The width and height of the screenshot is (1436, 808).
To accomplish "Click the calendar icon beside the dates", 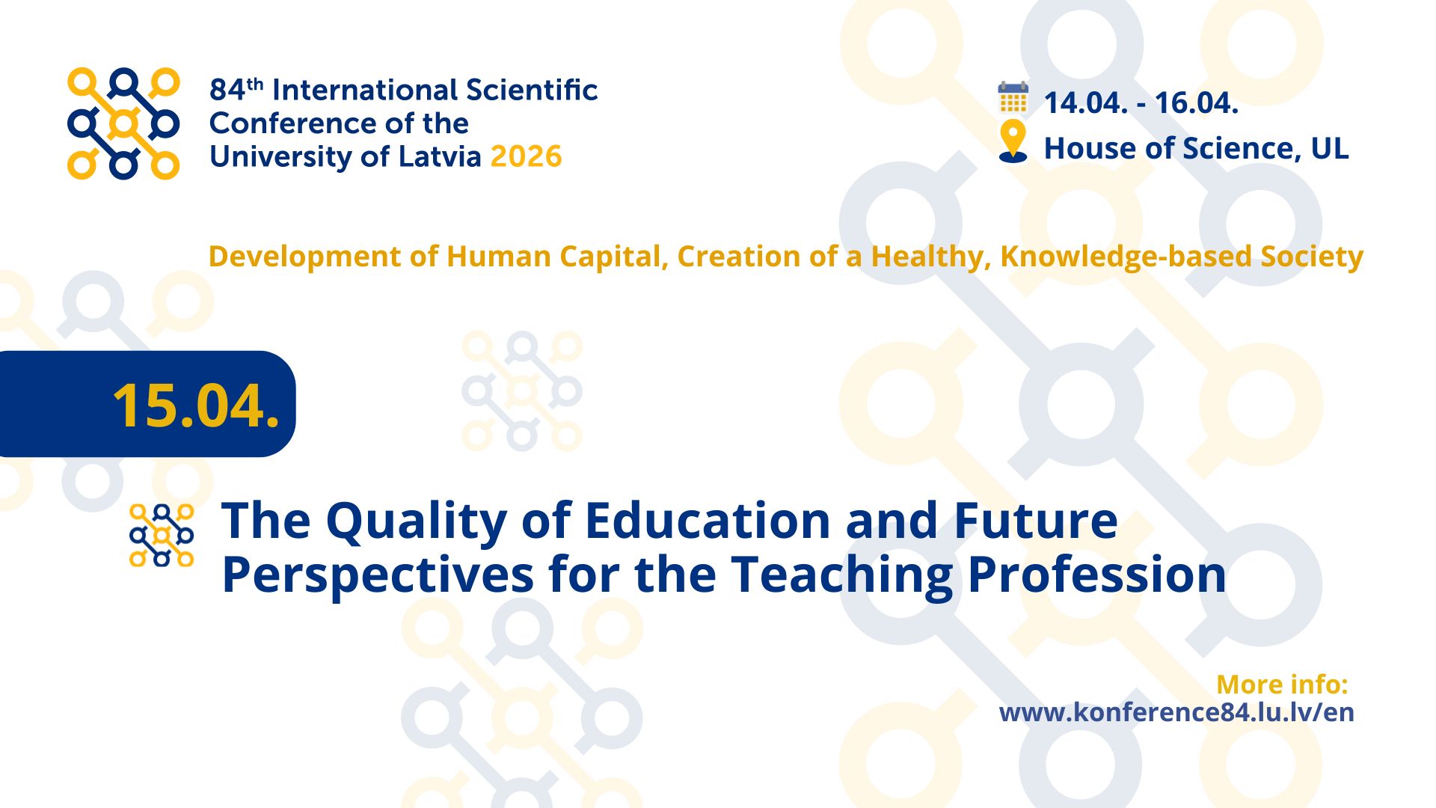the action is click(1013, 98).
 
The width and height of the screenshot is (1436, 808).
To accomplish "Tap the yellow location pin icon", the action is click(1013, 141).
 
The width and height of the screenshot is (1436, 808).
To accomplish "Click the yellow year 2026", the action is click(526, 156).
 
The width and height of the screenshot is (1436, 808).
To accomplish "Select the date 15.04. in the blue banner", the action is click(196, 405).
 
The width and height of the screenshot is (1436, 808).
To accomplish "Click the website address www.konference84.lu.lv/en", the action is click(1176, 711).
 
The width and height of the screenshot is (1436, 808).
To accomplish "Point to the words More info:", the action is click(1282, 684).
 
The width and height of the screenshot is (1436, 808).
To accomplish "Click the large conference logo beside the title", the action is click(123, 124).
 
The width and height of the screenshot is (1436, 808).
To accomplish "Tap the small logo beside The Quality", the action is click(162, 535).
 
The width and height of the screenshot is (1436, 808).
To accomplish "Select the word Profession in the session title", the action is click(1097, 574).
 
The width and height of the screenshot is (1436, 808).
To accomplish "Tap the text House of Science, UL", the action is click(1196, 148).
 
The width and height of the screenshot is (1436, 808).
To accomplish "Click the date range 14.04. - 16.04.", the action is click(1141, 103).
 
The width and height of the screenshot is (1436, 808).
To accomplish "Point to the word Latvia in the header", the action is click(440, 156).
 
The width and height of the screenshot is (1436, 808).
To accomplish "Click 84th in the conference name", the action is click(236, 89).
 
